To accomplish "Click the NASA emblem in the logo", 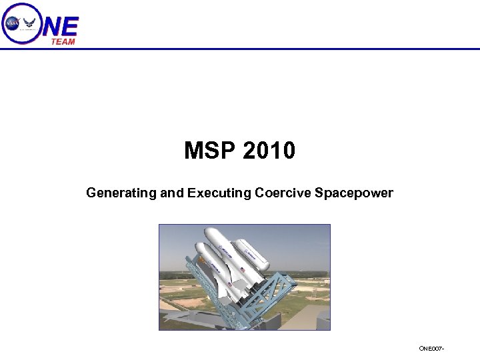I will click(x=13, y=23).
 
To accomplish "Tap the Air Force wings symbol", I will click(x=30, y=23).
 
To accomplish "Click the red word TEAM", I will click(x=63, y=41).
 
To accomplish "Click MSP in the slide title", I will click(x=211, y=151).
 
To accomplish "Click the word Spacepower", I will click(x=354, y=193).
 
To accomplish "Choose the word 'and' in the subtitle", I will click(x=173, y=193).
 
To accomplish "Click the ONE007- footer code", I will click(x=431, y=349).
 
